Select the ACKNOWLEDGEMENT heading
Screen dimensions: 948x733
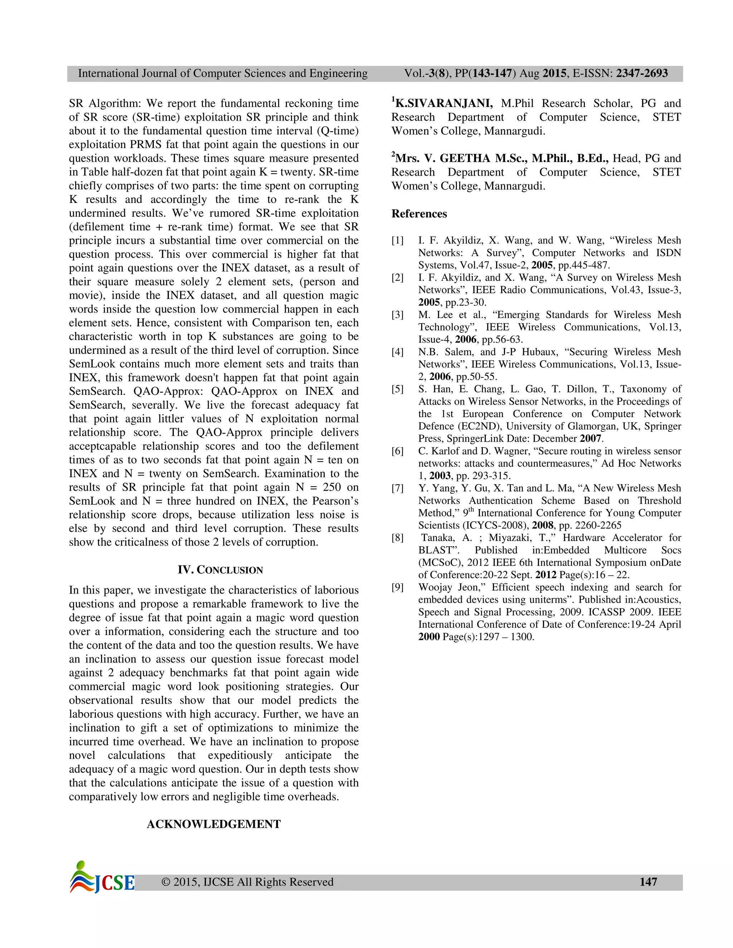point(214,824)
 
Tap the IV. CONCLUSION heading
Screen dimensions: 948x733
point(220,570)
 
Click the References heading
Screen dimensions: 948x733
point(419,214)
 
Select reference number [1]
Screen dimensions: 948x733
point(397,240)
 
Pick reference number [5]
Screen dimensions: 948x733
point(397,389)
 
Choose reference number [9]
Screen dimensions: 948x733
point(397,587)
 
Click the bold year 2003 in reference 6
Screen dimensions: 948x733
point(440,476)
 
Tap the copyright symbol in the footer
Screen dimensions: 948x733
point(165,882)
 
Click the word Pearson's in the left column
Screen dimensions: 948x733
point(334,501)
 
